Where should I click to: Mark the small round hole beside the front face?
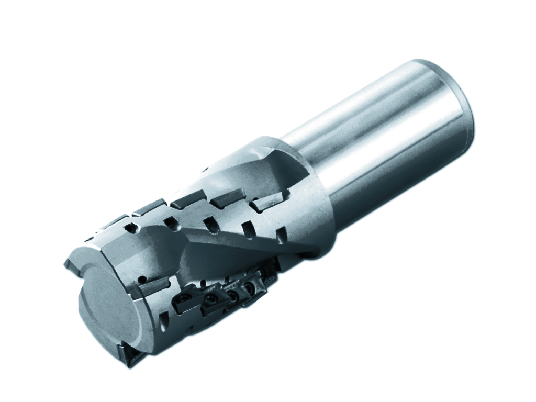pos(142,279)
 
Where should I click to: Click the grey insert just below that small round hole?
pos(152,289)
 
